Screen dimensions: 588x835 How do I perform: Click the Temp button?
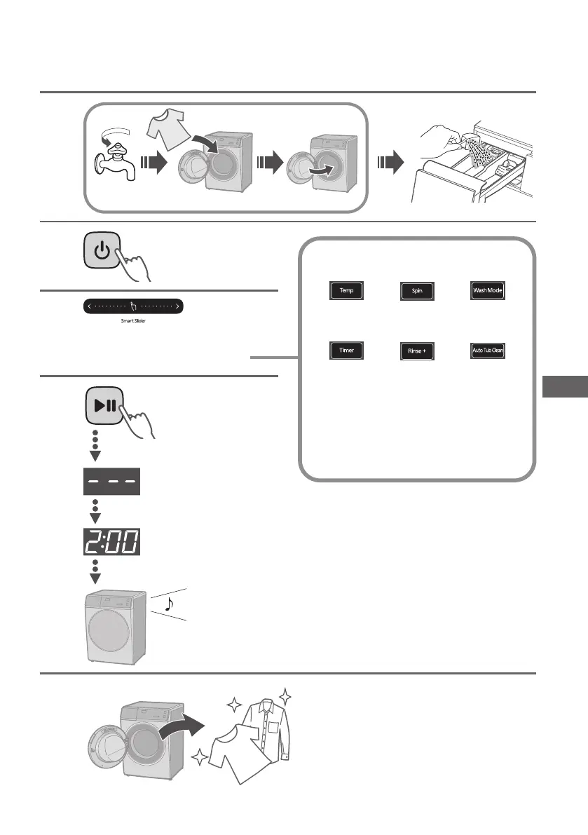click(346, 290)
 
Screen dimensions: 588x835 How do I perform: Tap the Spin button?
click(416, 291)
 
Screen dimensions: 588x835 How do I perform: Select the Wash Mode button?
click(487, 290)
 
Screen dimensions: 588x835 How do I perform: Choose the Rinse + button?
click(416, 351)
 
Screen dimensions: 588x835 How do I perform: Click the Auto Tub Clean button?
click(487, 350)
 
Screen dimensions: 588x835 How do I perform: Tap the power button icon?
click(102, 251)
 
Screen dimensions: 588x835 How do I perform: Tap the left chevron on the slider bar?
click(88, 306)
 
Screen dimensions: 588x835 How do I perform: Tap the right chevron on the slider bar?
click(178, 306)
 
